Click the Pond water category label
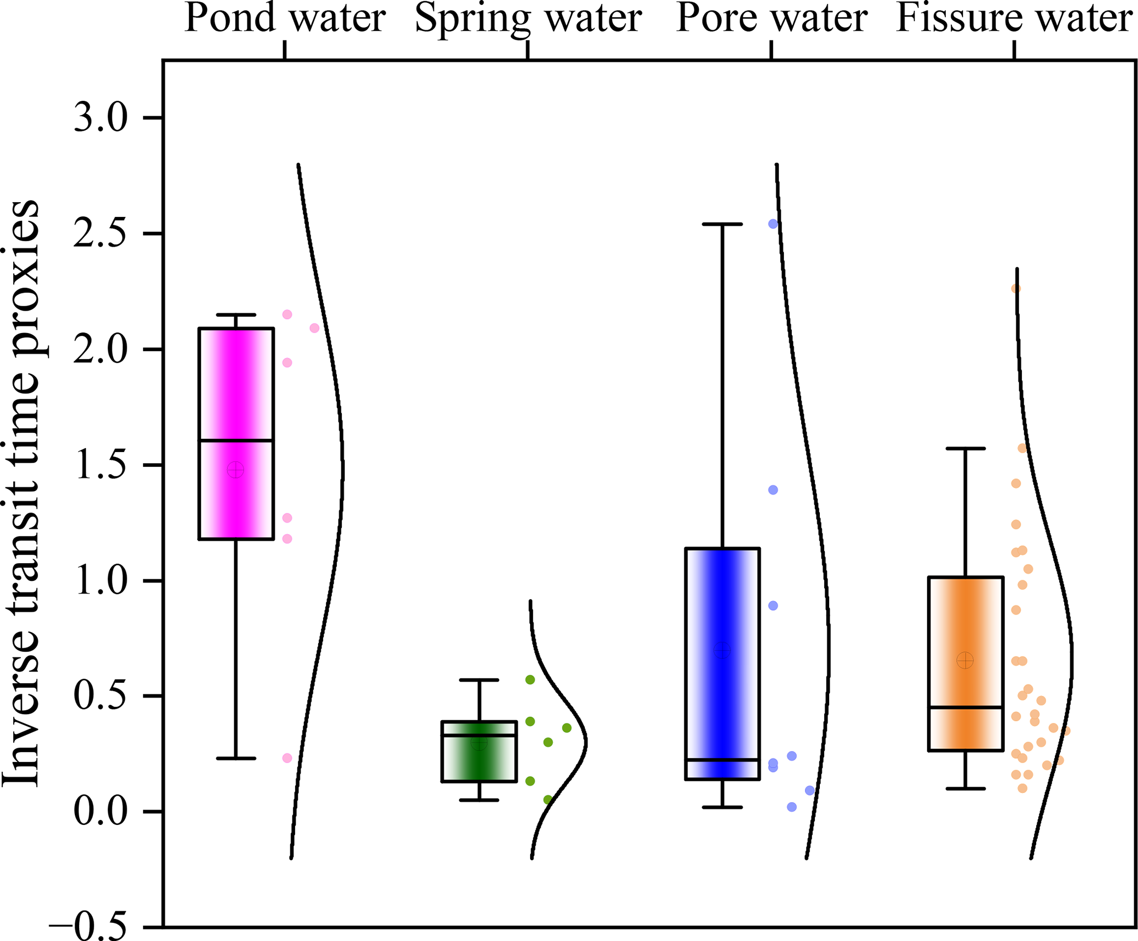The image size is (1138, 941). (x=285, y=19)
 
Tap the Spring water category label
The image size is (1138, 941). (x=528, y=19)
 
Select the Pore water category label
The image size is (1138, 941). (x=771, y=19)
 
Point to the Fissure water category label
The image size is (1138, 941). (x=1014, y=19)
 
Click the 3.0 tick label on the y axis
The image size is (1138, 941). (x=101, y=118)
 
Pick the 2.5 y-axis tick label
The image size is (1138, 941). (x=101, y=233)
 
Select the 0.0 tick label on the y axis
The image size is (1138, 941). (x=101, y=812)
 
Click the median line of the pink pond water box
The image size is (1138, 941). (x=236, y=440)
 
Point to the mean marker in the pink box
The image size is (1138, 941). (x=236, y=470)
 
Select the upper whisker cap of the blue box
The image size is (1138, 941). (x=722, y=224)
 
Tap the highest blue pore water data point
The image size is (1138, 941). (x=773, y=224)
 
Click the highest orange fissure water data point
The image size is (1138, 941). (x=1016, y=289)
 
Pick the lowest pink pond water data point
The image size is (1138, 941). (x=287, y=758)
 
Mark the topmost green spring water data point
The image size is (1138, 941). (x=530, y=680)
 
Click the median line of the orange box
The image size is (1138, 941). (x=966, y=707)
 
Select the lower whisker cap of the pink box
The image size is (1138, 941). (x=236, y=758)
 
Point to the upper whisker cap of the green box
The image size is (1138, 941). (x=479, y=680)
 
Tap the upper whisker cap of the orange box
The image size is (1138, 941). (x=966, y=449)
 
